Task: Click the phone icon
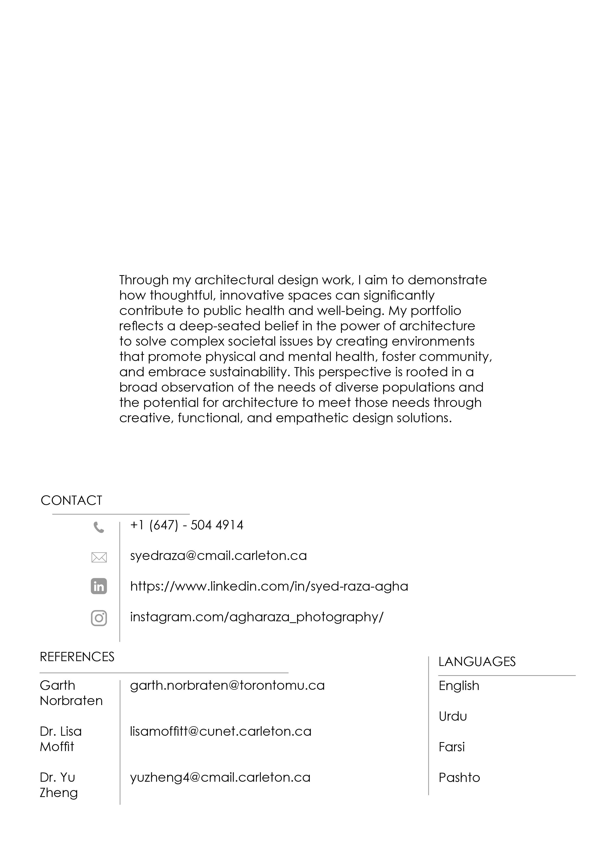(99, 527)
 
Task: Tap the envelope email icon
(99, 557)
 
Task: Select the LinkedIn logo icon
(99, 587)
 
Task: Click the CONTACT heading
(71, 500)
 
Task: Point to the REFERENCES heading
(77, 657)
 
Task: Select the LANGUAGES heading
(477, 662)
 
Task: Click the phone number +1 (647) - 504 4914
(187, 525)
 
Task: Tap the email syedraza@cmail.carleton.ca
(218, 556)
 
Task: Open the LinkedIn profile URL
(269, 587)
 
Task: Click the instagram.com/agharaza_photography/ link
(257, 617)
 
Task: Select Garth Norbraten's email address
(227, 685)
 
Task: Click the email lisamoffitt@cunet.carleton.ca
(220, 731)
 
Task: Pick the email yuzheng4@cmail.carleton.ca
(220, 778)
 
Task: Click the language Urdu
(452, 716)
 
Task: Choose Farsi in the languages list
(452, 747)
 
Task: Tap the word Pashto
(459, 778)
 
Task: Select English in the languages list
(459, 686)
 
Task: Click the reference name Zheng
(59, 793)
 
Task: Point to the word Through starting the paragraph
(144, 280)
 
